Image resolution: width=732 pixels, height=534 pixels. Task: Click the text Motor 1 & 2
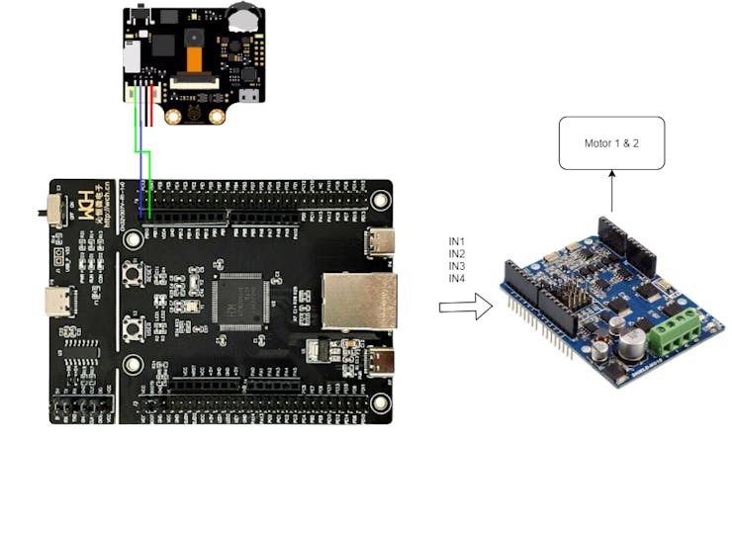(x=611, y=143)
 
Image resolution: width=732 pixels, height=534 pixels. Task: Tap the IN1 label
(x=457, y=242)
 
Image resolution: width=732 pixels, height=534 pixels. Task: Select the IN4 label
(x=457, y=279)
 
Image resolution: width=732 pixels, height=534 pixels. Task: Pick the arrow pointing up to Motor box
(x=611, y=191)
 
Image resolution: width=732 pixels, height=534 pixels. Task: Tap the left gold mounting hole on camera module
(x=173, y=117)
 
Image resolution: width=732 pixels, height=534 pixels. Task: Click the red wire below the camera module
(x=150, y=104)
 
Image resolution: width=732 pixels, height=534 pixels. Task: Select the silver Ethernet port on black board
(x=361, y=301)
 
